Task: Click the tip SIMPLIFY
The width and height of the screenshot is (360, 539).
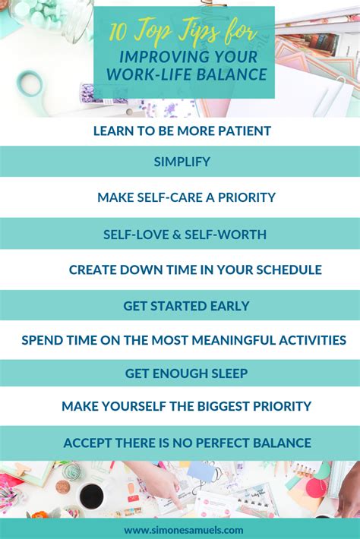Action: pyautogui.click(x=182, y=162)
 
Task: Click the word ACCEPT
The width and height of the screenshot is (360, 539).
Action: pyautogui.click(x=88, y=443)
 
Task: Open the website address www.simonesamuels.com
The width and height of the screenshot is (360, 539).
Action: pyautogui.click(x=184, y=529)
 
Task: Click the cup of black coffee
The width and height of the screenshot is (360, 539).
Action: pyautogui.click(x=92, y=496)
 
